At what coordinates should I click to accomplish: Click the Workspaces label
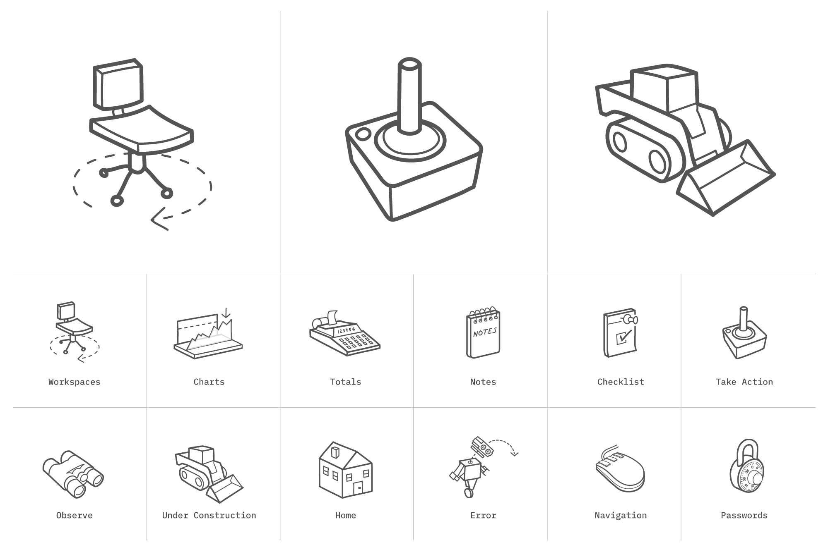pyautogui.click(x=75, y=382)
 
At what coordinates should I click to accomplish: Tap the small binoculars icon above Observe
pyautogui.click(x=73, y=474)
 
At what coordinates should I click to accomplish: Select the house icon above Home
pyautogui.click(x=346, y=470)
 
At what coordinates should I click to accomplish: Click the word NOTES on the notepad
pyautogui.click(x=485, y=332)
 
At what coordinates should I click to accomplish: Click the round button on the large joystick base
pyautogui.click(x=364, y=134)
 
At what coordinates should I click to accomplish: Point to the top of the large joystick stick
pyautogui.click(x=410, y=65)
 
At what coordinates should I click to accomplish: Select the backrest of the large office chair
pyautogui.click(x=119, y=85)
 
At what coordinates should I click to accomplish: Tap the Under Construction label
pyautogui.click(x=209, y=516)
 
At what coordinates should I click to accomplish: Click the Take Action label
pyautogui.click(x=744, y=382)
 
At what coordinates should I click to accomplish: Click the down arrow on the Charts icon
pyautogui.click(x=226, y=313)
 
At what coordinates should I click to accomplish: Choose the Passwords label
pyautogui.click(x=744, y=516)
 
